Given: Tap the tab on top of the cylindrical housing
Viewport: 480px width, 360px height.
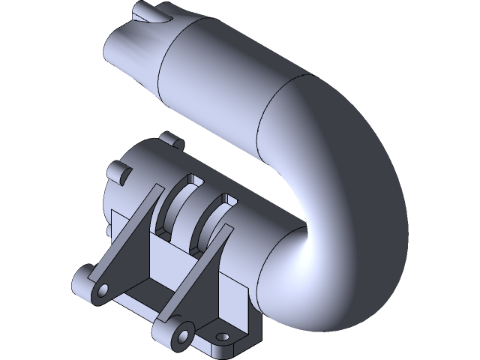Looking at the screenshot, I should click(171, 139).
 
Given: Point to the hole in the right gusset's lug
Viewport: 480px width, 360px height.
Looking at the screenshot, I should click(180, 333).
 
